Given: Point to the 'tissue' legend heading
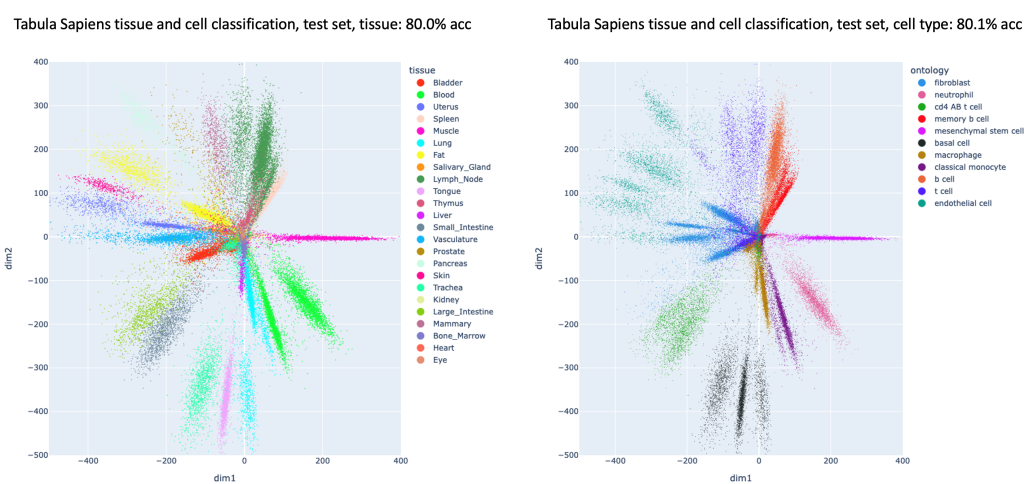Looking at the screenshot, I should (x=419, y=69).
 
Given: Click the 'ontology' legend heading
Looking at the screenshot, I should (x=929, y=69).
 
